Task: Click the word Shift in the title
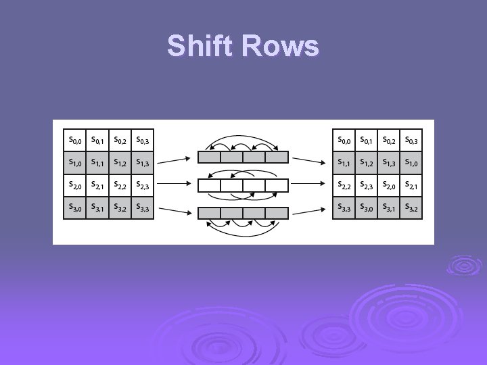[x=204, y=46]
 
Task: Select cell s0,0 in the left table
[x=74, y=141]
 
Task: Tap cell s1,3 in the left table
[x=142, y=162]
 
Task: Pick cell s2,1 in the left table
[x=97, y=185]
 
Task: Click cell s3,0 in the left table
[x=74, y=208]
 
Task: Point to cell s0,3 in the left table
[x=142, y=141]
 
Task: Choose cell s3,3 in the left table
[x=142, y=208]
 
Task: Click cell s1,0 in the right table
[x=411, y=162]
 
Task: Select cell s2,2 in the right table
[x=344, y=185]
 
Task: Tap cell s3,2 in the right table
[x=411, y=208]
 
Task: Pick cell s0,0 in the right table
[x=344, y=141]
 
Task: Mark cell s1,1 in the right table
[x=344, y=162]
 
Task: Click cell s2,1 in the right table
[x=411, y=185]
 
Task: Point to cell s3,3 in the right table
[x=344, y=208]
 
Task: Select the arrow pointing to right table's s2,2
[x=310, y=182]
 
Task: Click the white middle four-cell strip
[x=243, y=185]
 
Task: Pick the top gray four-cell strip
[x=243, y=157]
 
